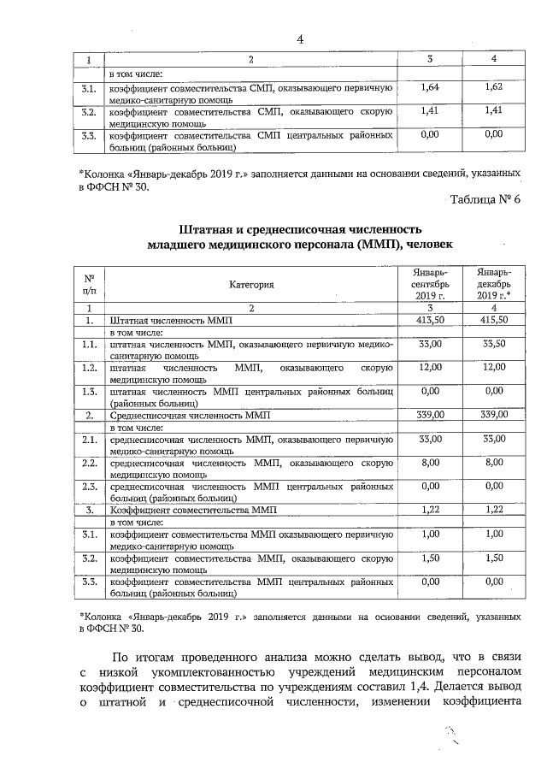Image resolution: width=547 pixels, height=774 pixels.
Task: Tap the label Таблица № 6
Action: pos(490,200)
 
